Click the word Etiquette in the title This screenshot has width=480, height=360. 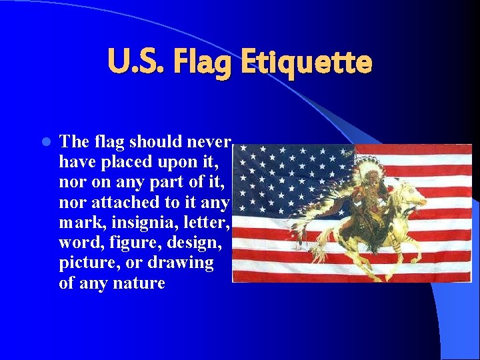coord(306,63)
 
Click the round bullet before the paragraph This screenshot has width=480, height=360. coord(45,142)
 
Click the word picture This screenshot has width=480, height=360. coord(83,262)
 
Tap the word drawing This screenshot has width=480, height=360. coord(181,262)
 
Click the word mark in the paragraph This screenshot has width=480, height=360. coord(75,221)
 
